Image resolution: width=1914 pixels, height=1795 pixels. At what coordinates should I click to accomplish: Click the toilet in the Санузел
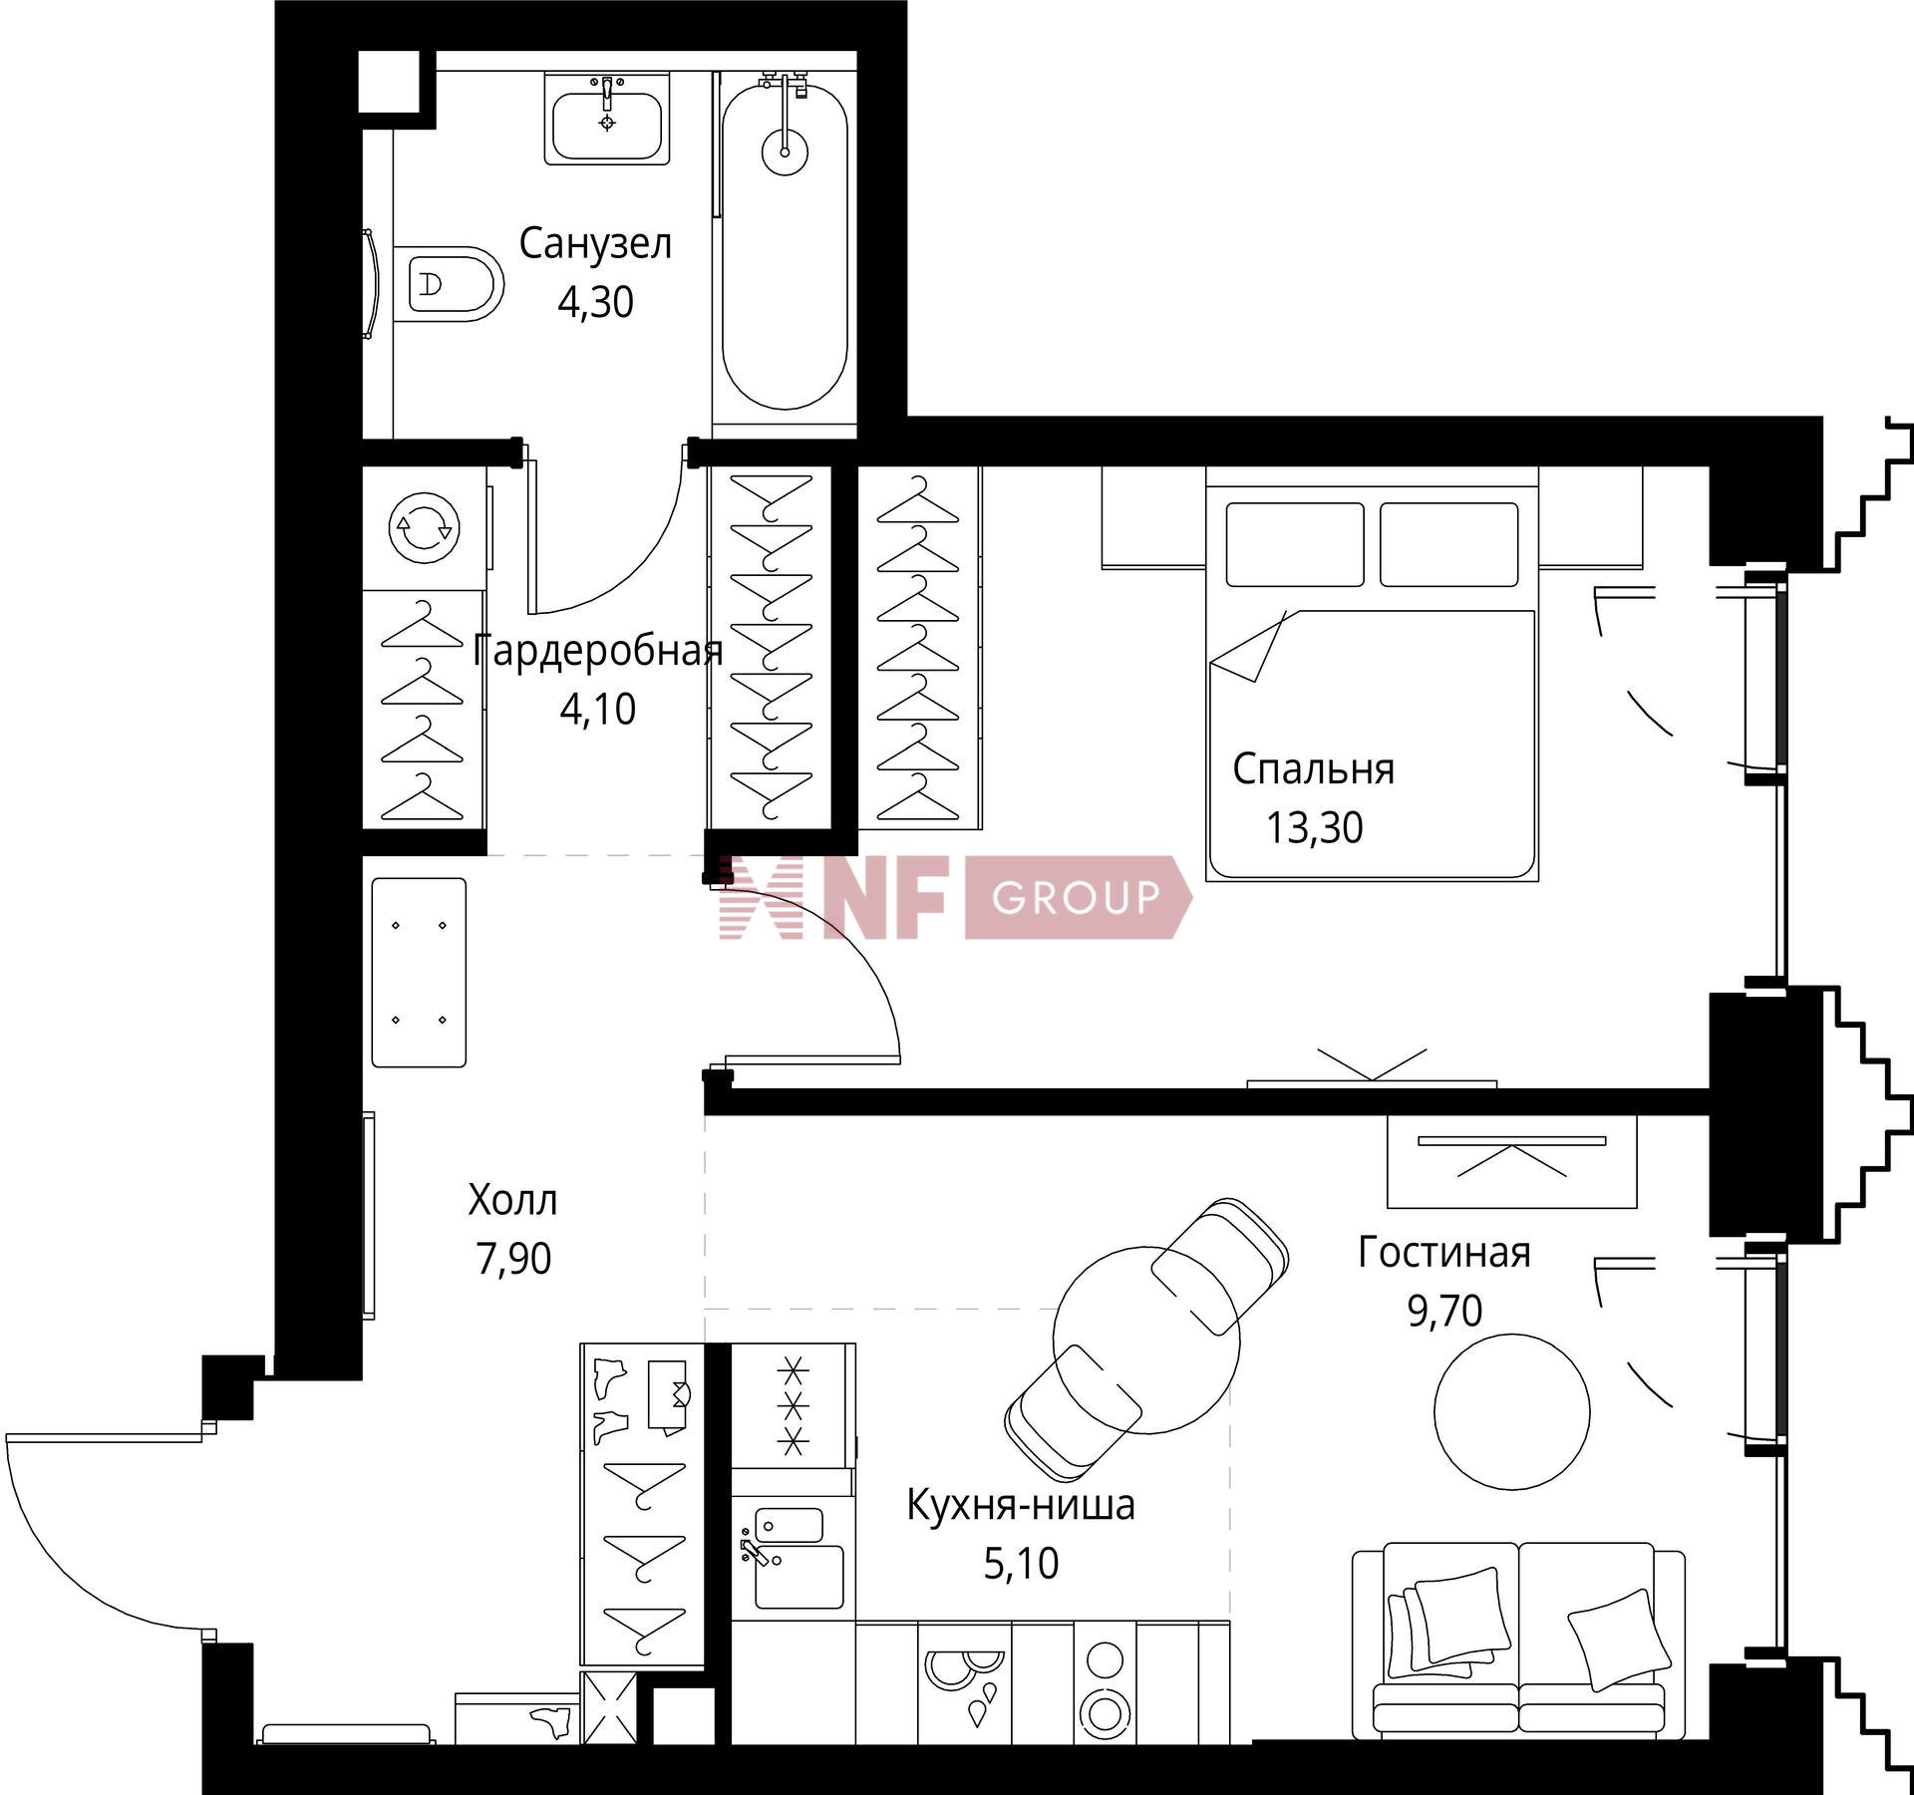[448, 284]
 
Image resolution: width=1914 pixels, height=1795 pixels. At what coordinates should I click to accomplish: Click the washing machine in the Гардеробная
[425, 526]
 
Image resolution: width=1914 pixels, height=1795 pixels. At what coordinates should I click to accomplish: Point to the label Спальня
[1313, 769]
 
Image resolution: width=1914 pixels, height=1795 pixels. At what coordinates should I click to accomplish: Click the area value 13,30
[1314, 828]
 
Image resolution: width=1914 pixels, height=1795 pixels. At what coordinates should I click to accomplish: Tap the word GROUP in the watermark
[1077, 898]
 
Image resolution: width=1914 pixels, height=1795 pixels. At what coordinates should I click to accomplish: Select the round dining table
[1147, 1340]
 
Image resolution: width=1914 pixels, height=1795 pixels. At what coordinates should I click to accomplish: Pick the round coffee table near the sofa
[1511, 1411]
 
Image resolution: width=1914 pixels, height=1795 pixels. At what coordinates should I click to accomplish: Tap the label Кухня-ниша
[1021, 1506]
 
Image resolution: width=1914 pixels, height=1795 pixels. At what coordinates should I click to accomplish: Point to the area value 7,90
[513, 1260]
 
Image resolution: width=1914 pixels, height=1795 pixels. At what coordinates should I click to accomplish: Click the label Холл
[512, 1201]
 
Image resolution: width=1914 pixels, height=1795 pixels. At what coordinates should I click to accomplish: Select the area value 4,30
[595, 302]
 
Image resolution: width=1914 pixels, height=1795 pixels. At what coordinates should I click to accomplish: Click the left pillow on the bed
[1295, 544]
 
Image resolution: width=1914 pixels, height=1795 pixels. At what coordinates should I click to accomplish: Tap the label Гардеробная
[597, 652]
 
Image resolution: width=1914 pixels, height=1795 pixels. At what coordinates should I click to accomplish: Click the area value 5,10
[1021, 1564]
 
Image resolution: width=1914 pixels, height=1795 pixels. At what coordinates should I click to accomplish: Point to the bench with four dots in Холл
[419, 973]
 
